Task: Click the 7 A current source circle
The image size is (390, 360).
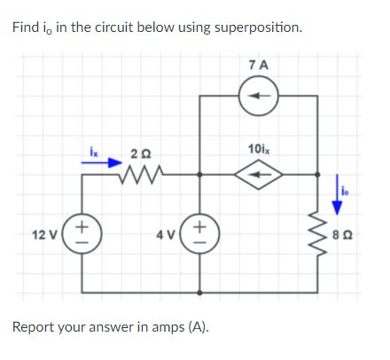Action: click(x=258, y=97)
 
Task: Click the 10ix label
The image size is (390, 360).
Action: click(x=258, y=148)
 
